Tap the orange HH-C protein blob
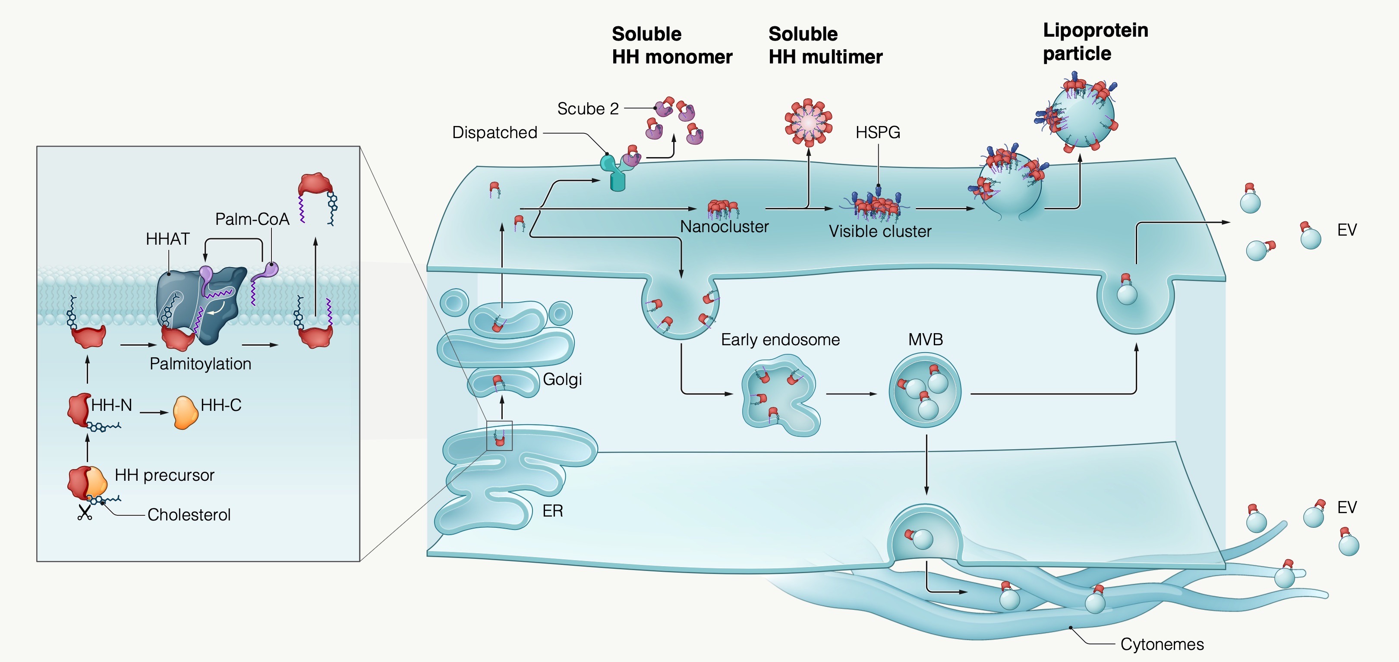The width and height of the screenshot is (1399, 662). point(185,413)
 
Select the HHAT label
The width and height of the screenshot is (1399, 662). point(167,239)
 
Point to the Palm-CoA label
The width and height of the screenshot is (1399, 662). point(252,219)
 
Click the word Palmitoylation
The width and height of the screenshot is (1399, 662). point(200,363)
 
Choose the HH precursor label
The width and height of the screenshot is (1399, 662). point(164,475)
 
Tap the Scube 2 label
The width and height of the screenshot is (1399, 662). point(588,109)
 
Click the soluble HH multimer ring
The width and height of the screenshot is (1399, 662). point(808,123)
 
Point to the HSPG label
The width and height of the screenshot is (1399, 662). point(878,132)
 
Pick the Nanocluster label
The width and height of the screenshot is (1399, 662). point(724,227)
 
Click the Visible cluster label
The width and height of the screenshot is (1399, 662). point(880,231)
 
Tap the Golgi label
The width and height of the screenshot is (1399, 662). point(562,379)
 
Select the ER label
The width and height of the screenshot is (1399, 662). point(552,511)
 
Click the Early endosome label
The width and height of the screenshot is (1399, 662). point(780,340)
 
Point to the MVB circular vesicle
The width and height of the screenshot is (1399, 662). point(925,390)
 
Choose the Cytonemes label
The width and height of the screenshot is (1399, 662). point(1162,644)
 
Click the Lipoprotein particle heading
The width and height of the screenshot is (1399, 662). point(1095,42)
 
